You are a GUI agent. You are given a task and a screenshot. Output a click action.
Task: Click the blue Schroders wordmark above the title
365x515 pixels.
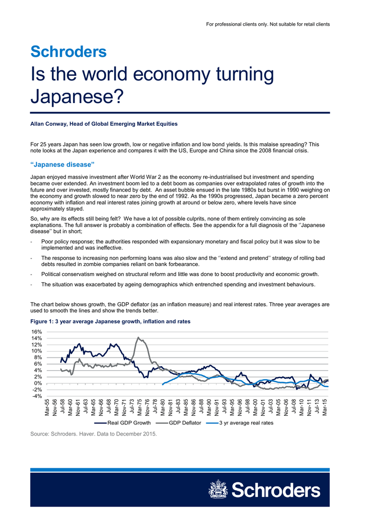coord(68,52)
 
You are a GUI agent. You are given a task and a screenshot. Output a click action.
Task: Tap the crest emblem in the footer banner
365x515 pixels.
coord(218,489)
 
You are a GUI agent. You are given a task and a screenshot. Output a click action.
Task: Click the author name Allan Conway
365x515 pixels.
coord(49,124)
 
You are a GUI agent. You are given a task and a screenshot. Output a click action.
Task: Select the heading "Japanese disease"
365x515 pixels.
coord(62,164)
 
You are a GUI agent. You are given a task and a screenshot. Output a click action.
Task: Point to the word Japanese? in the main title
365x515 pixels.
coord(77,97)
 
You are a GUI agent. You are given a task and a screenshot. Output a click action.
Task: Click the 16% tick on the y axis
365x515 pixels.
coord(36,332)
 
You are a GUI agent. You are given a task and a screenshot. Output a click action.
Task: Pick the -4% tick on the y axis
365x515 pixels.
coord(36,396)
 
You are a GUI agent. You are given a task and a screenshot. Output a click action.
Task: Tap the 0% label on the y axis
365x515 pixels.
coord(38,383)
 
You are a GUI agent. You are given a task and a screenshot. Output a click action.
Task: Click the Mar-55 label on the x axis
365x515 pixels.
coord(47,407)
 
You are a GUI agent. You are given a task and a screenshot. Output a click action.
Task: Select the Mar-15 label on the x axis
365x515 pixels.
coord(325,407)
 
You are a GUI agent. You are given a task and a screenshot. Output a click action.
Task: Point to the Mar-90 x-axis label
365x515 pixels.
coord(209,407)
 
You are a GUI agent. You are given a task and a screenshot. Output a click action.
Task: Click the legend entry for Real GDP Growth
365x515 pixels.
coord(122,422)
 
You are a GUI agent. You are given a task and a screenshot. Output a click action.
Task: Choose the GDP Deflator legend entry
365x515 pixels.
coord(179,422)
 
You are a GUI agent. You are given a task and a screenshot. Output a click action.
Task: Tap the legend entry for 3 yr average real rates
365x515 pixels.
coord(240,422)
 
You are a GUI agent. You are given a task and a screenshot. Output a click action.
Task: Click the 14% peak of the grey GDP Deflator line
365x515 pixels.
coord(138,337)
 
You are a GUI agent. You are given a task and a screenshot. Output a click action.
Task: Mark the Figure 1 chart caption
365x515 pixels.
coord(110,321)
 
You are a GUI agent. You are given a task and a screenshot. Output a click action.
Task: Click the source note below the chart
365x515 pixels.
coord(93,434)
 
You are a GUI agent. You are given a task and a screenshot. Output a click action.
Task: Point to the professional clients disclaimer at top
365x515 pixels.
coord(268,24)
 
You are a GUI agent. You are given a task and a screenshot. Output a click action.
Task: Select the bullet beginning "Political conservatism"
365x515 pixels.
coord(180,274)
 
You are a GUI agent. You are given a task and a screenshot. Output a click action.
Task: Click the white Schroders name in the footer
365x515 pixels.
coord(276,490)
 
